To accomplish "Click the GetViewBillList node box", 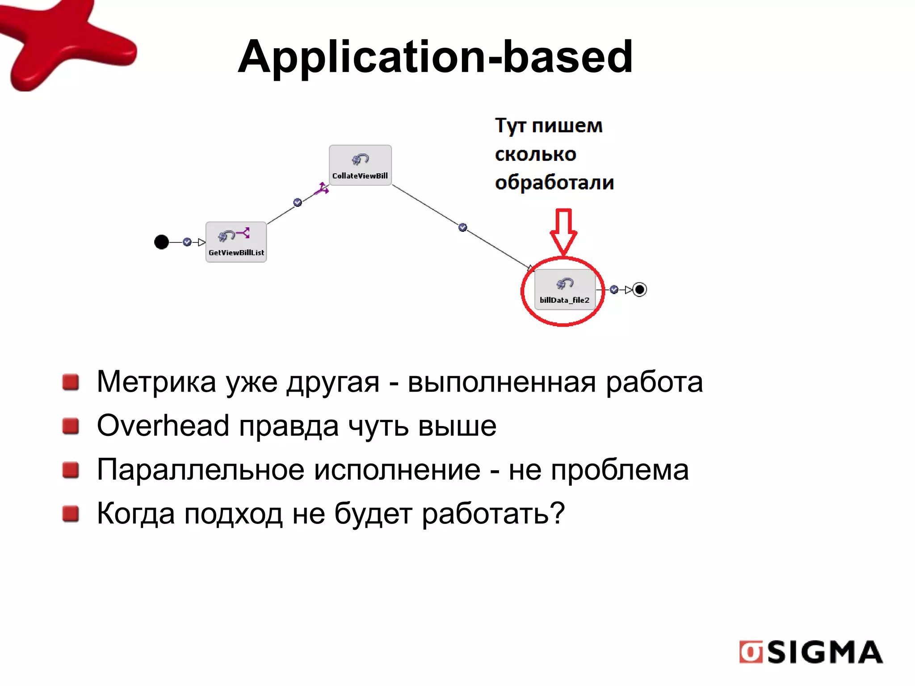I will pyautogui.click(x=236, y=242).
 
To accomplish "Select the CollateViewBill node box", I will pyautogui.click(x=360, y=165).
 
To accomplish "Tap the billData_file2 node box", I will pyautogui.click(x=565, y=289).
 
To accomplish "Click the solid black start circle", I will pyautogui.click(x=161, y=242).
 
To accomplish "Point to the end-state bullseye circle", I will pyautogui.click(x=640, y=289).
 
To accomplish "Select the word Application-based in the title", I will pyautogui.click(x=435, y=57).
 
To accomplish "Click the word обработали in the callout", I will pyautogui.click(x=554, y=183).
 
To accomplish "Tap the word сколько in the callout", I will pyautogui.click(x=536, y=154).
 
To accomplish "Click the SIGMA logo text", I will pyautogui.click(x=825, y=653).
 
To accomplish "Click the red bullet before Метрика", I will pyautogui.click(x=71, y=382).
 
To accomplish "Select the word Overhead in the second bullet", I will pyautogui.click(x=163, y=426).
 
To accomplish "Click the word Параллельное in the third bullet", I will pyautogui.click(x=199, y=470).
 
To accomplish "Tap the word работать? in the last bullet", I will pyautogui.click(x=493, y=514).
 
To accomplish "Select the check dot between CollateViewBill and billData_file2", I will pyautogui.click(x=463, y=227).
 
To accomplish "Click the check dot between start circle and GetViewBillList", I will pyautogui.click(x=187, y=242).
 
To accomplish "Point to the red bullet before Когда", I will pyautogui.click(x=71, y=514).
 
